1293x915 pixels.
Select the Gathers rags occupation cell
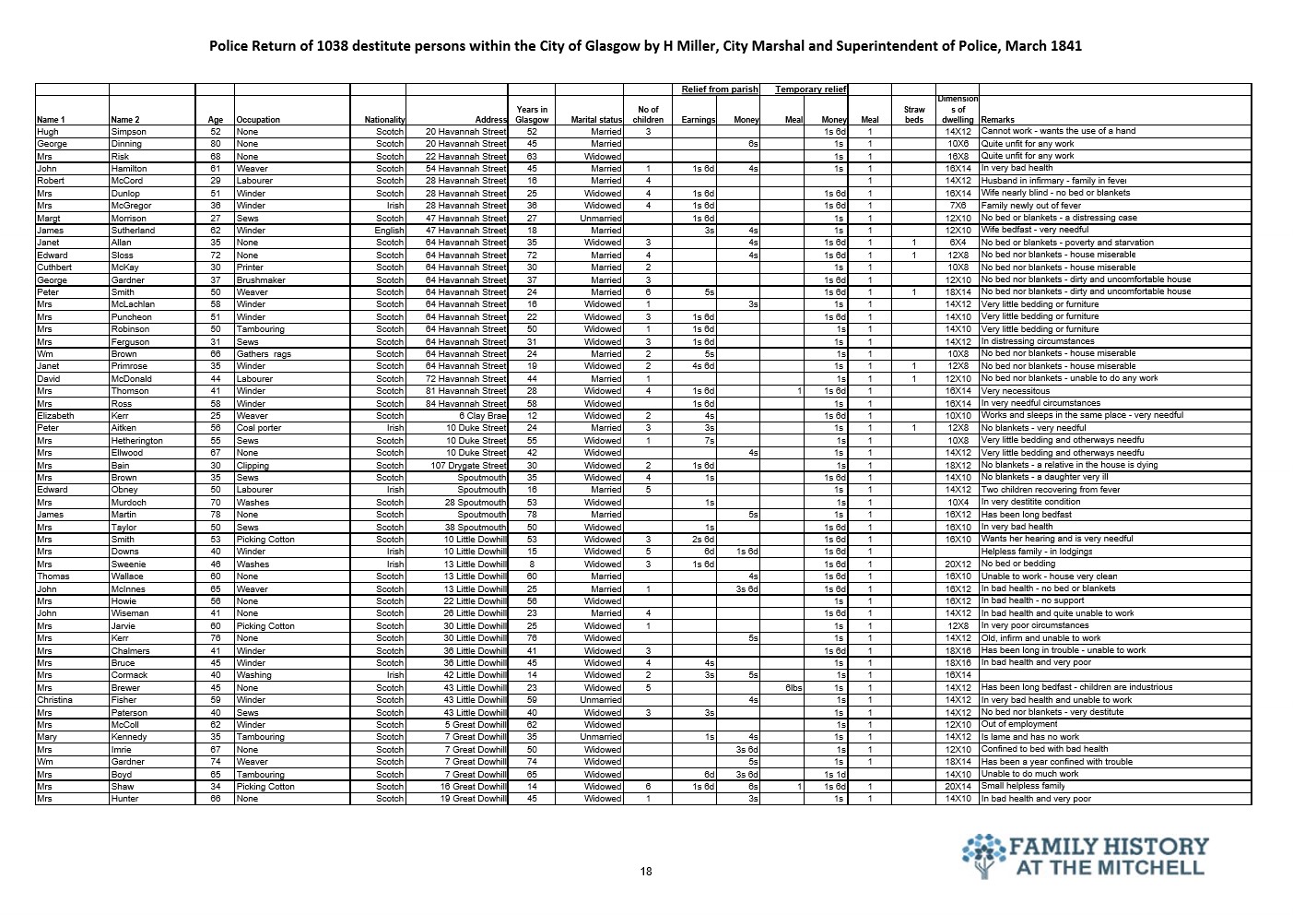tap(264, 354)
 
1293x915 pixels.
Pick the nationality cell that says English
tap(389, 231)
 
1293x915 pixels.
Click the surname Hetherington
tap(136, 441)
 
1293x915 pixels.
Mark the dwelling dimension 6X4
tap(958, 243)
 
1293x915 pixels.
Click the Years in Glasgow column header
tap(532, 114)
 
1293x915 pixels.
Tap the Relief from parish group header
tap(720, 89)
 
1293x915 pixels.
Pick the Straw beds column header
tap(913, 114)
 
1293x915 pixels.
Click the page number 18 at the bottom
tap(646, 872)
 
